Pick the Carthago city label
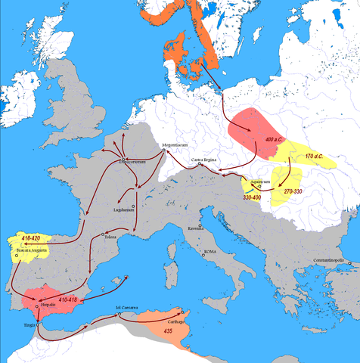click(x=178, y=321)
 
